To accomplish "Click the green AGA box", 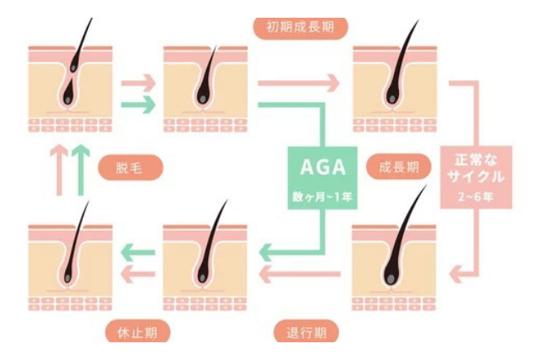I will [x=324, y=179].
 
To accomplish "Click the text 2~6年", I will [x=476, y=200].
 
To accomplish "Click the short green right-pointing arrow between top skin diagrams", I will [x=139, y=106].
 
